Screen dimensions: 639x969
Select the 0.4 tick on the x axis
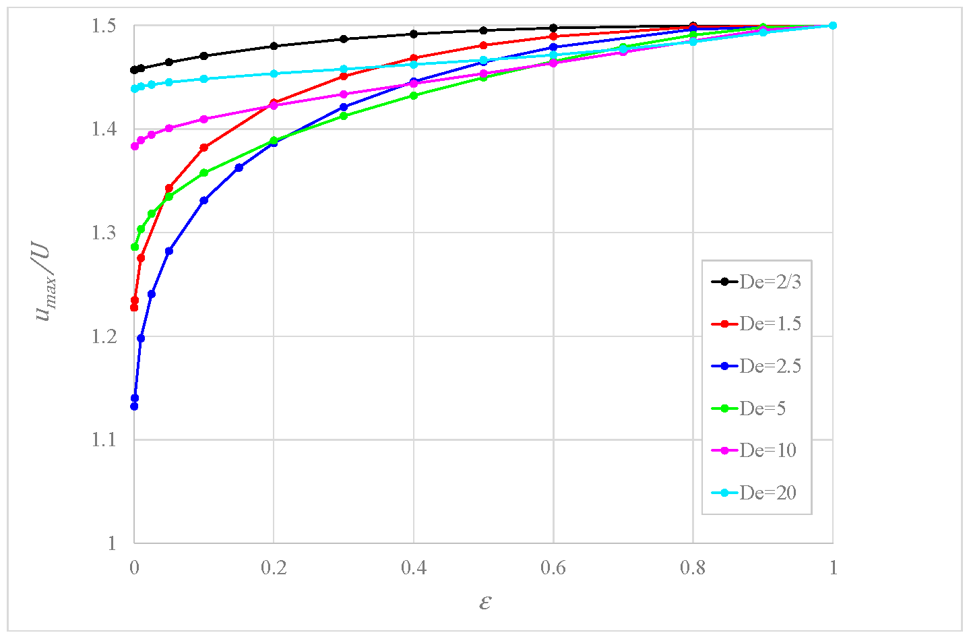(x=413, y=568)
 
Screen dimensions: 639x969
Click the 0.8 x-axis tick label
(x=693, y=568)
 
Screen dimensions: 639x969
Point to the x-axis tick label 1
(x=833, y=568)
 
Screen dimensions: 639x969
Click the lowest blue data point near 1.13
(x=134, y=406)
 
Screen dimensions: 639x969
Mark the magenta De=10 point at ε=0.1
(x=204, y=119)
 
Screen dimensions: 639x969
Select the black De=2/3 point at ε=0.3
(x=344, y=39)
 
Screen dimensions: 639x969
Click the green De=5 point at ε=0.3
(x=344, y=116)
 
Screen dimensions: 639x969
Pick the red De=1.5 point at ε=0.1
(x=204, y=148)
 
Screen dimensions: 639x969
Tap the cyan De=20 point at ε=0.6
(x=553, y=55)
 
